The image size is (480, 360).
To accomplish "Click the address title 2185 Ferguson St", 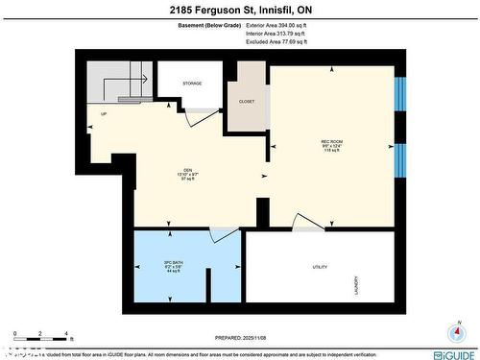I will (x=239, y=10).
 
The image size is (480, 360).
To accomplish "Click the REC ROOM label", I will (x=332, y=143).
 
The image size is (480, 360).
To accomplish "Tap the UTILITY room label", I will (x=320, y=266).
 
